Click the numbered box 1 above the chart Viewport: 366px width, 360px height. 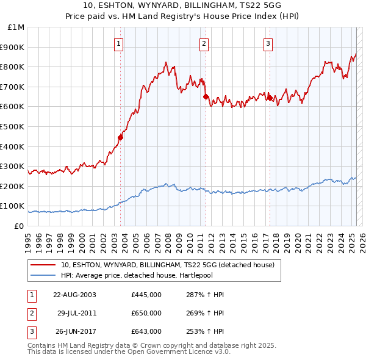click(118, 43)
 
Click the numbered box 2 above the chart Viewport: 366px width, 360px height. click(203, 43)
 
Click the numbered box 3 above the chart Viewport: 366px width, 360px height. click(268, 43)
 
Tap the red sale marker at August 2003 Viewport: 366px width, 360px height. click(121, 137)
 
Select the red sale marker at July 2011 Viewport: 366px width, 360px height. click(206, 96)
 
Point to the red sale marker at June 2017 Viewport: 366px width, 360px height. click(270, 98)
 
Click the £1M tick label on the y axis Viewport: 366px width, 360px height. click(16, 27)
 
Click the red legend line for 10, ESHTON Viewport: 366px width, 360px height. click(43, 265)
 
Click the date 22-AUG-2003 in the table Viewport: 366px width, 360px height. click(74, 295)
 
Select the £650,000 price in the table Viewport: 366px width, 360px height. click(146, 313)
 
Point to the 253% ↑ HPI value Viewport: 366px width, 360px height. click(204, 331)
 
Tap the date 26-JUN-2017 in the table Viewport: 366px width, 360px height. click(74, 331)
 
